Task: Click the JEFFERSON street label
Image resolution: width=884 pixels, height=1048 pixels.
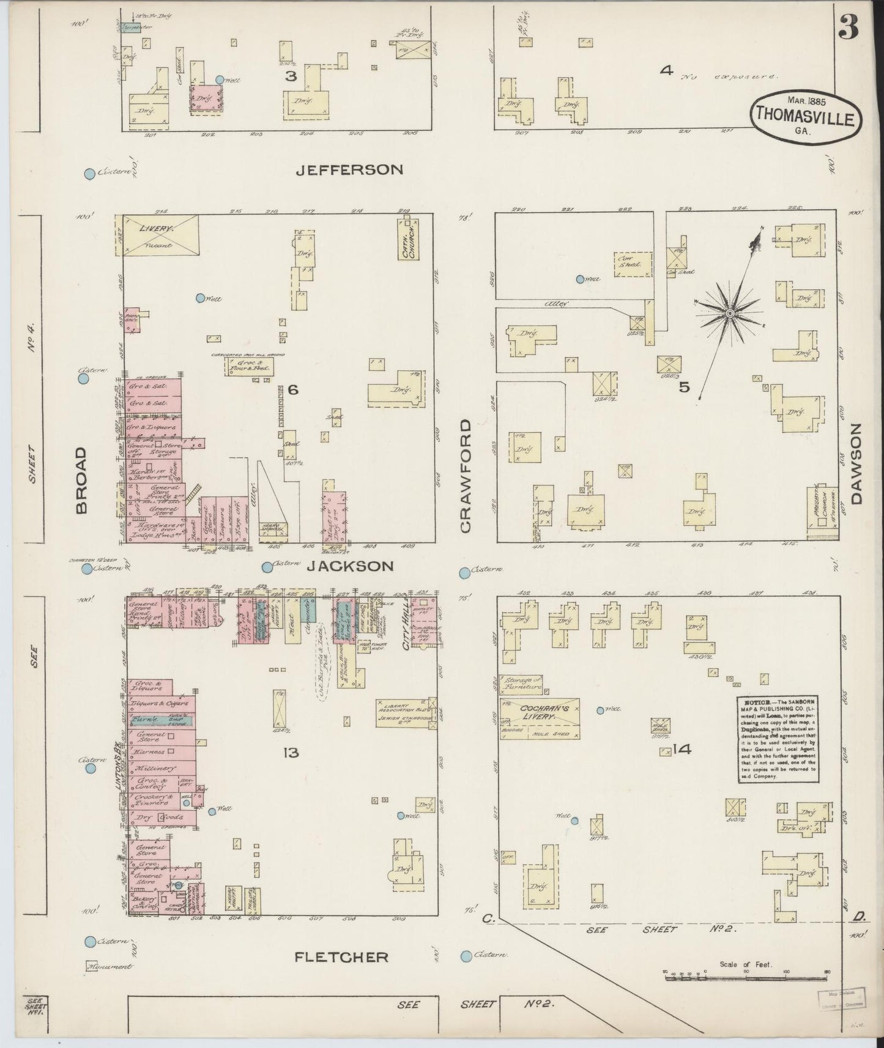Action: coord(349,169)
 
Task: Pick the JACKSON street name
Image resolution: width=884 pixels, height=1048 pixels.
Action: coord(349,567)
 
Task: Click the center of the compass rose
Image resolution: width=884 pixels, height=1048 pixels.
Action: coord(729,314)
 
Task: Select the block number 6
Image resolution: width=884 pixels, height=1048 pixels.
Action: coord(292,389)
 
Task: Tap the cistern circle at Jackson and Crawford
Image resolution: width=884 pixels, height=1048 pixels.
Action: coord(464,572)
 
